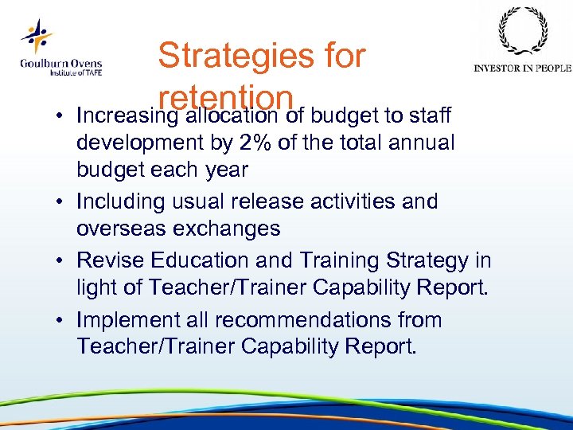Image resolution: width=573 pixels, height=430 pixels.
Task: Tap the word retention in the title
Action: [x=227, y=97]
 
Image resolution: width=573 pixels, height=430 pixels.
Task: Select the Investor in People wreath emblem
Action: [x=522, y=32]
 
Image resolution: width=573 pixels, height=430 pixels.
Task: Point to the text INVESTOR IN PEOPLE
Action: [x=522, y=68]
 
